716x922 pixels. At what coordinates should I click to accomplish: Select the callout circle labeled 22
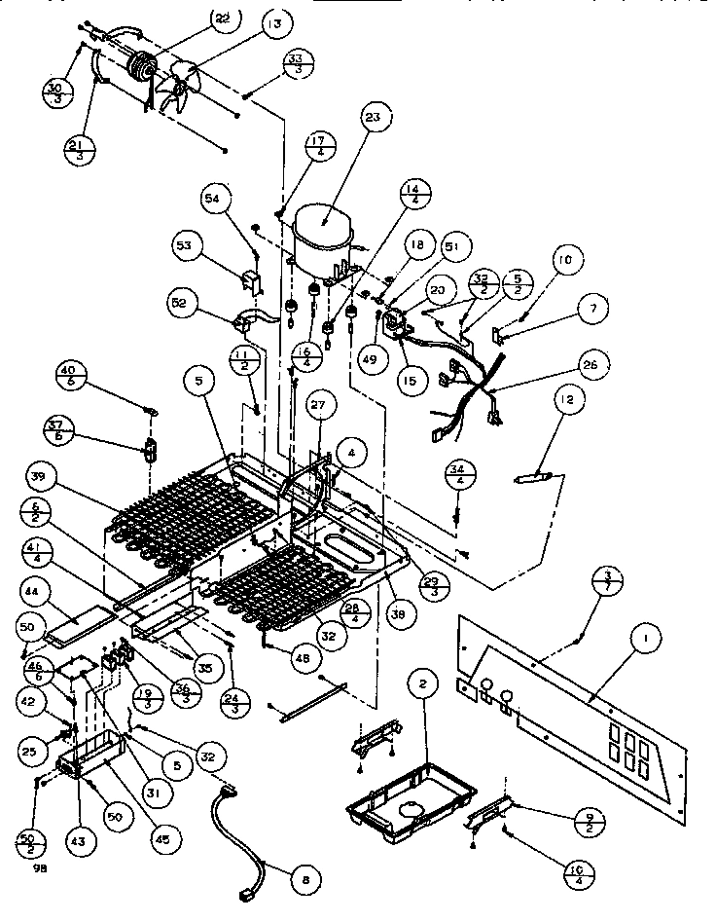[x=225, y=20]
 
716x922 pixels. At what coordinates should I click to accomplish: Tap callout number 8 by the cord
[x=306, y=880]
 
